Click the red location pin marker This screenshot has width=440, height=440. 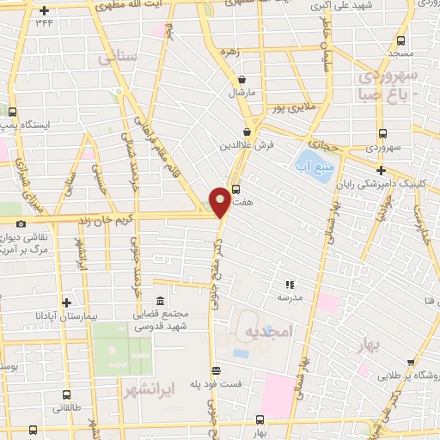(x=220, y=203)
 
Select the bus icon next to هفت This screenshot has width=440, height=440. (x=235, y=190)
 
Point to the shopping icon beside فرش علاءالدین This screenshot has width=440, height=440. (x=248, y=131)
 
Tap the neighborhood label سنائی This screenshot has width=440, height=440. (x=118, y=58)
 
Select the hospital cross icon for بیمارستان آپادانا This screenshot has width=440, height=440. (x=66, y=302)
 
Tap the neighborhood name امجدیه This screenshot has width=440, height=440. (x=268, y=331)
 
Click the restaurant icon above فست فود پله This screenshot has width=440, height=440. (x=217, y=371)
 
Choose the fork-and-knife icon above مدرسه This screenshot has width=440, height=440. (x=290, y=284)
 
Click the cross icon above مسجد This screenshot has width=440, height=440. (x=403, y=40)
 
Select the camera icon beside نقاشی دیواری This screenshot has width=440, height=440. (x=21, y=223)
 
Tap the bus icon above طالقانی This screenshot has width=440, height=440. (x=67, y=396)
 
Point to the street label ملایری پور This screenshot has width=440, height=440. (x=284, y=108)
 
